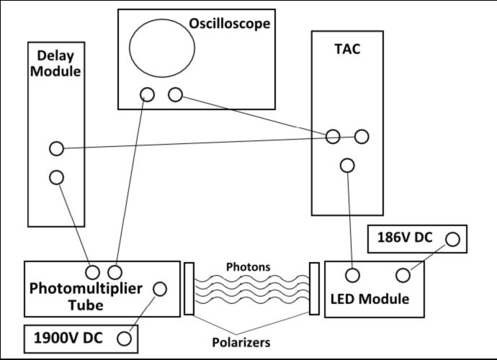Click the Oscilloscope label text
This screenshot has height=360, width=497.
coord(229,24)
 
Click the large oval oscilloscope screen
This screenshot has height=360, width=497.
coord(162,48)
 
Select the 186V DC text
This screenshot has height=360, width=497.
coord(404,238)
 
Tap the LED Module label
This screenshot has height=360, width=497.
coord(370,298)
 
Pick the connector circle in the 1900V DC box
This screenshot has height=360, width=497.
coord(125,338)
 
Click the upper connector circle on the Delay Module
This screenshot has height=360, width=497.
coord(56,149)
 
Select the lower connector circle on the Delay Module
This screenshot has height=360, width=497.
coord(56,176)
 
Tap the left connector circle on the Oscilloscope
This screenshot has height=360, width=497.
coord(148,94)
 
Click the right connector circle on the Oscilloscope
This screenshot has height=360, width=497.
coord(174,94)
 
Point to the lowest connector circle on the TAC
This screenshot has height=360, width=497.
coord(347,166)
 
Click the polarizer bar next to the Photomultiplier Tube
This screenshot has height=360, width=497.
coord(189,288)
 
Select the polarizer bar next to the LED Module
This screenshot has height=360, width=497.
coord(313,288)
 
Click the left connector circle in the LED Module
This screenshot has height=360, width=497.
coord(353,275)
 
